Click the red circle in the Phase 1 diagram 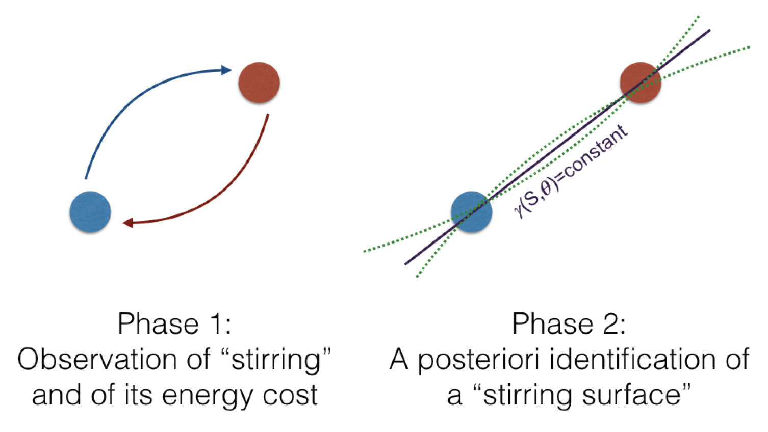(259, 83)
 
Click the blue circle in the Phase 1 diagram (90, 212)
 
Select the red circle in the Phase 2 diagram (641, 83)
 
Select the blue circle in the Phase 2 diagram (471, 212)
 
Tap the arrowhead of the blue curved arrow (226, 70)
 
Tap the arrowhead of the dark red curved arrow (128, 223)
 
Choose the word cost (290, 396)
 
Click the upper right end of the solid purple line (709, 31)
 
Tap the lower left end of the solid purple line (405, 264)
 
